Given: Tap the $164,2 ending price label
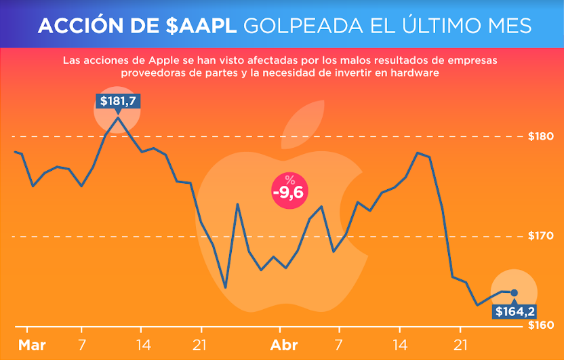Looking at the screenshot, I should click(515, 312).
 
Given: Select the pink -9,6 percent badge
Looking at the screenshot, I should click(289, 190).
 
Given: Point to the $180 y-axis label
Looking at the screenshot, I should click(541, 136).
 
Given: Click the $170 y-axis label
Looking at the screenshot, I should click(541, 237).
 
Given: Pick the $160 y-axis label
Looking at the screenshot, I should click(541, 325).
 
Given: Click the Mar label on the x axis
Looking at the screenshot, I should click(32, 345).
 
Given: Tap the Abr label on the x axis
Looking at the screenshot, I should click(284, 345).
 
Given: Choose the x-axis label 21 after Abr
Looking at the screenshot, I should click(461, 345).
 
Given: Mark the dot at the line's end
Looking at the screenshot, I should click(514, 293).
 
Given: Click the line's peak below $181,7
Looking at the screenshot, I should click(118, 119).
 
